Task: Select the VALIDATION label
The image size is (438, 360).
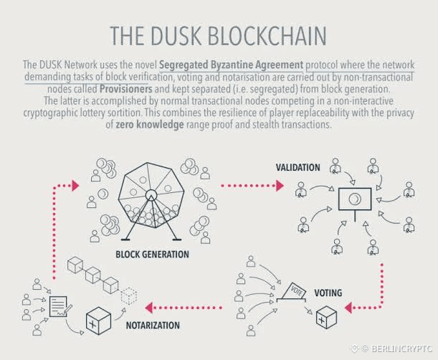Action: [297, 167]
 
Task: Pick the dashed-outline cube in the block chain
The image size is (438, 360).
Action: [129, 295]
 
